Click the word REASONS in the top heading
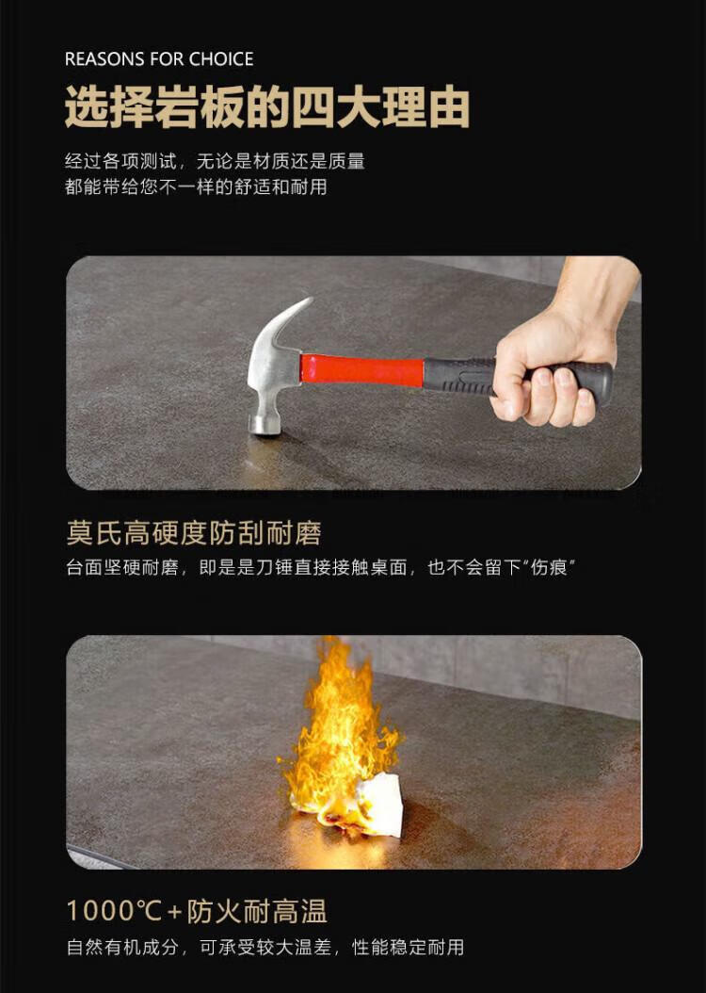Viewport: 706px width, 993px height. [104, 59]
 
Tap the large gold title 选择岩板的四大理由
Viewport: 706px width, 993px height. [267, 107]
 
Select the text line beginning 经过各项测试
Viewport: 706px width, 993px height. [215, 161]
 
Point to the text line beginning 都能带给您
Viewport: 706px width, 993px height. [196, 187]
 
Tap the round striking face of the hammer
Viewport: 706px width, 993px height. [265, 423]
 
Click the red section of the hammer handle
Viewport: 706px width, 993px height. [361, 369]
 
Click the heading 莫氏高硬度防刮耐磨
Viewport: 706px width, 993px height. [194, 532]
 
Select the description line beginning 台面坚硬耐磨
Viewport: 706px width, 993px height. [320, 567]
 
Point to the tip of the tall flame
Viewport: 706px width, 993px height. [329, 639]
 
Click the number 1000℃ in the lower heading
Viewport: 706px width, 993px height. [115, 911]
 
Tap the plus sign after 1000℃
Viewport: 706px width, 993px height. [174, 913]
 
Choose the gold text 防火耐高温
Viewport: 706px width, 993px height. [257, 911]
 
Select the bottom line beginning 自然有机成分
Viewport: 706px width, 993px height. [265, 948]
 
